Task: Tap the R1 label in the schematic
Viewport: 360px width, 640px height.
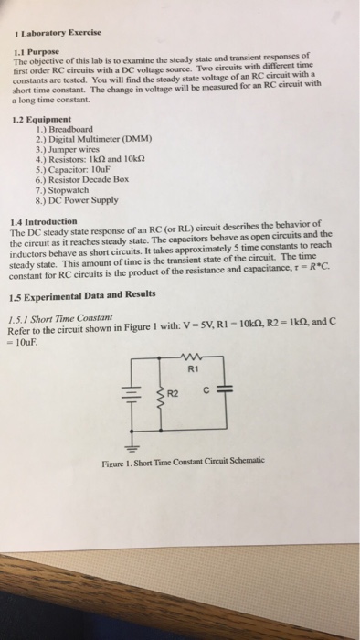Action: (191, 370)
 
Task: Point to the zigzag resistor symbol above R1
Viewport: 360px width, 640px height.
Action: (188, 358)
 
